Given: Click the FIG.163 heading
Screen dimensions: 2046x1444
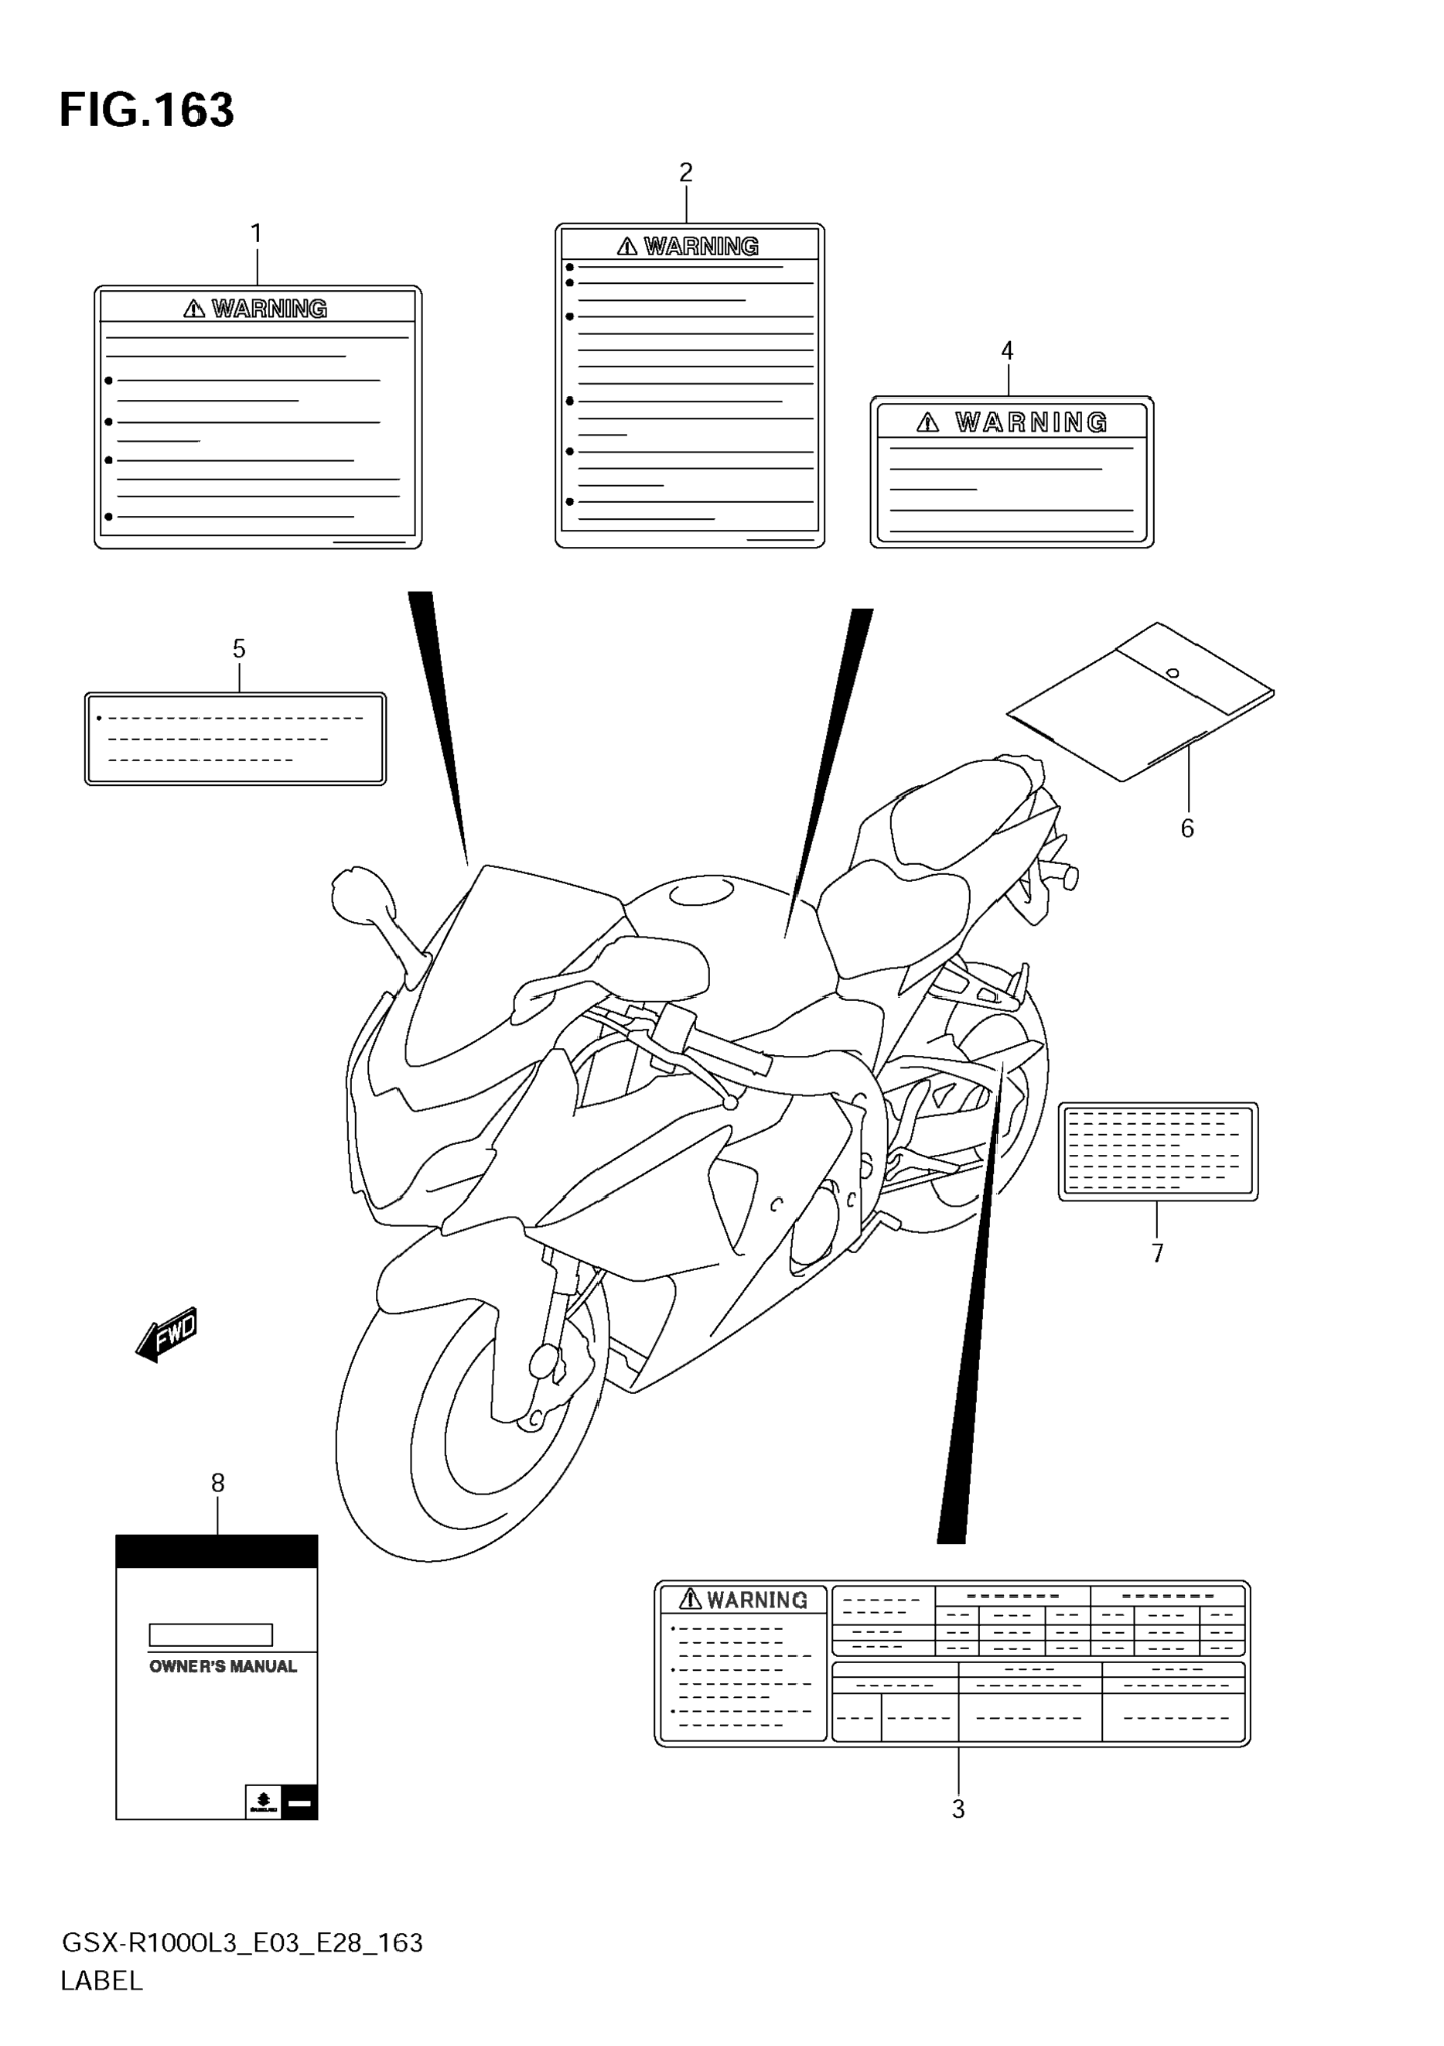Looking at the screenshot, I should (146, 111).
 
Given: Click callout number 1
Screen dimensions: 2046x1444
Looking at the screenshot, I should (257, 234).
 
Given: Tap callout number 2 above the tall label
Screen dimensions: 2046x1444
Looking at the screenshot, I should (686, 172).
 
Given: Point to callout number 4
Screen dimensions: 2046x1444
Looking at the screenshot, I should (1008, 350).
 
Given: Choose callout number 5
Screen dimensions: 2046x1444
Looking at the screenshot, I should (239, 649).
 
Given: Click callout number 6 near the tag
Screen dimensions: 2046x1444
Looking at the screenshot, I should (1187, 828).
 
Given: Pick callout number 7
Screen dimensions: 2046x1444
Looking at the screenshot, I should (1157, 1254).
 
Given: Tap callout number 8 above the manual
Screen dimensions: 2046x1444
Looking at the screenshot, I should (218, 1483).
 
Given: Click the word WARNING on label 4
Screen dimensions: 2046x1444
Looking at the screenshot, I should (1032, 422).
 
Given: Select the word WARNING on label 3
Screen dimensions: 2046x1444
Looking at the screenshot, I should (757, 1600).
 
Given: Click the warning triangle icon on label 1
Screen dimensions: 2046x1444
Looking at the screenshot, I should (194, 309).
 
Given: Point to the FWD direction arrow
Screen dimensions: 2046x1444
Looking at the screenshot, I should (168, 1335).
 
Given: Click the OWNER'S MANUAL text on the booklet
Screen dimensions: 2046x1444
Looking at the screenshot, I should (223, 1666).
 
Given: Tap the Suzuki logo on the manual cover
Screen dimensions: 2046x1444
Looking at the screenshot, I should (263, 1802).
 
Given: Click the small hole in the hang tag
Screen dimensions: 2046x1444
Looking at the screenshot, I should (1173, 673).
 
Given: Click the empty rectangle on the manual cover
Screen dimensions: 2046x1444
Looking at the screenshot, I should (210, 1634).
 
